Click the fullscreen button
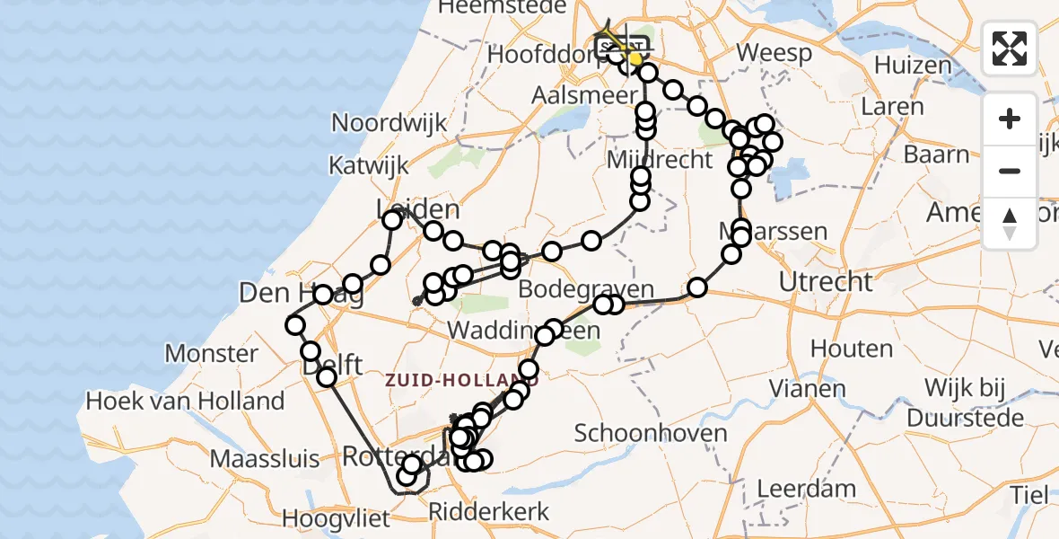click(x=1010, y=49)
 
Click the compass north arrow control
click(x=1010, y=223)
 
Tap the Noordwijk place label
click(x=389, y=123)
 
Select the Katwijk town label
click(x=368, y=166)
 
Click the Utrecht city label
click(x=825, y=282)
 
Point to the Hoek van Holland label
click(x=187, y=401)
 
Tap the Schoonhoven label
click(x=651, y=434)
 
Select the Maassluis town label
click(x=264, y=459)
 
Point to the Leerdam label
click(x=806, y=489)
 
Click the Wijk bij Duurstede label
click(x=965, y=403)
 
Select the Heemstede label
click(x=502, y=7)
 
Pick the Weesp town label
click(x=775, y=53)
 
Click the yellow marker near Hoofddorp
click(x=634, y=59)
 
